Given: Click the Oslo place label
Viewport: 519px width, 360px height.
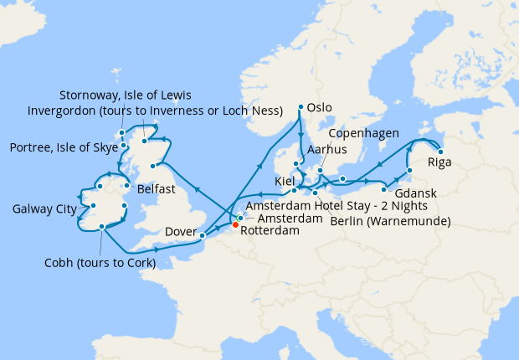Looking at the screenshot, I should (320, 107).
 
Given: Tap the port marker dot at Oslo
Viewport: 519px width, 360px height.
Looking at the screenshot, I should (301, 107).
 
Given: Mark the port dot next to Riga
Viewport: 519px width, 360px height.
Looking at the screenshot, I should (440, 152).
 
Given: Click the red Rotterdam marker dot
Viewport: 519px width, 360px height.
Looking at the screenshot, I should (235, 224).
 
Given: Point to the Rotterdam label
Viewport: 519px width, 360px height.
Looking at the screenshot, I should (270, 232).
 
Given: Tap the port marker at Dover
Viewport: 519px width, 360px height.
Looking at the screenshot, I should (202, 236).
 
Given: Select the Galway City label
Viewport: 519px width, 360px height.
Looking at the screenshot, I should (43, 208).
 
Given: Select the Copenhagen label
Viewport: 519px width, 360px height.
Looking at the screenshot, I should (362, 133).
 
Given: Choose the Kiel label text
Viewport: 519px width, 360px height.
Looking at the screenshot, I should (285, 182).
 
